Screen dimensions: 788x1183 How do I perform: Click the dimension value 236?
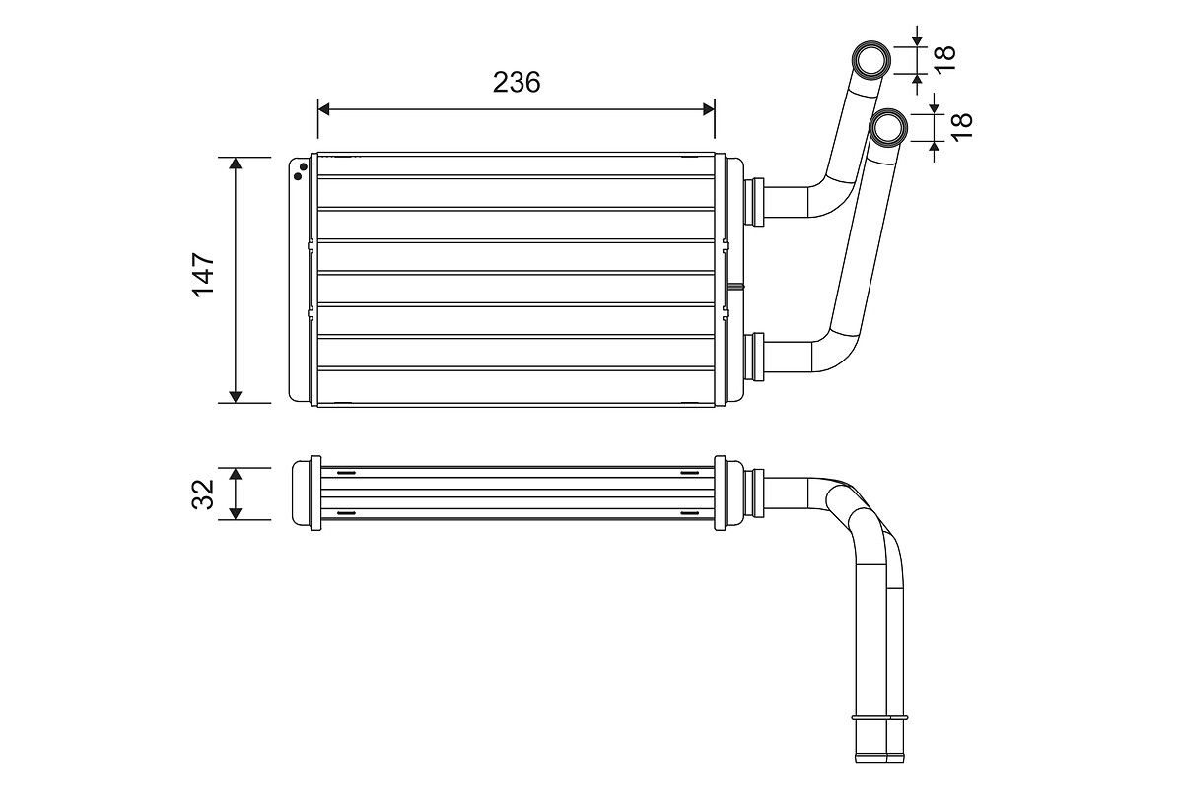pyautogui.click(x=517, y=82)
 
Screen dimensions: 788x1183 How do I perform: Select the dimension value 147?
pyautogui.click(x=204, y=275)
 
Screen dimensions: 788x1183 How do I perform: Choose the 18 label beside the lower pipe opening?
pyautogui.click(x=961, y=124)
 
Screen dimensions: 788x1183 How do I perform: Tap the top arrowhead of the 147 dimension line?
pyautogui.click(x=236, y=164)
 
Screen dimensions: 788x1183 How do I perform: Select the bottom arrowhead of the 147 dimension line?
pyautogui.click(x=236, y=396)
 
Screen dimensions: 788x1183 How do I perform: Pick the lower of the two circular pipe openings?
pyautogui.click(x=889, y=127)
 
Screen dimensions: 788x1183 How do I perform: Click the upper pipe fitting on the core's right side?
pyautogui.click(x=756, y=201)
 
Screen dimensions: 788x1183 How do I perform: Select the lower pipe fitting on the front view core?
pyautogui.click(x=756, y=357)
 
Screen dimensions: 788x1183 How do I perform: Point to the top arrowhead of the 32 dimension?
pyautogui.click(x=236, y=474)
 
